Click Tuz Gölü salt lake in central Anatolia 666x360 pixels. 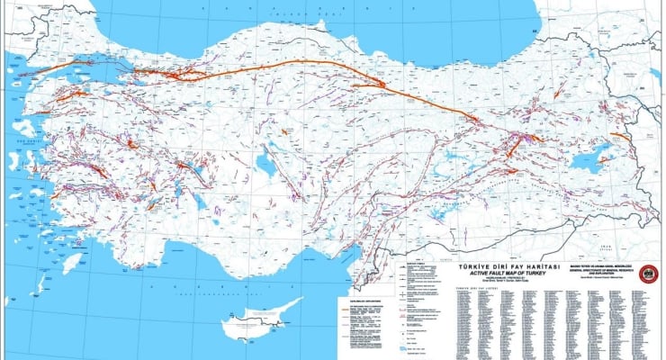265,165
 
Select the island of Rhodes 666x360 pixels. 66,261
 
